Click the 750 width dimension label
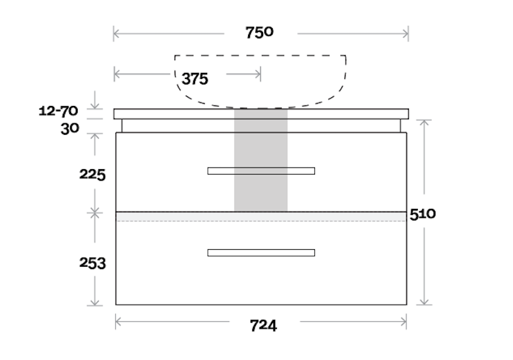260,33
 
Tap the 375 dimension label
194,79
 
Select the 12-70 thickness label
58,111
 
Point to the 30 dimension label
70,128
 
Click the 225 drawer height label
93,175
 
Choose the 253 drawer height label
93,263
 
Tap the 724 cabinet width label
263,326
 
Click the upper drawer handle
261,171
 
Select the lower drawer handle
261,253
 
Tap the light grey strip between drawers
181,217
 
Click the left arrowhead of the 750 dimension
115,34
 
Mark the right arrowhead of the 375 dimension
259,75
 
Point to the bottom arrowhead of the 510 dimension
425,303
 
